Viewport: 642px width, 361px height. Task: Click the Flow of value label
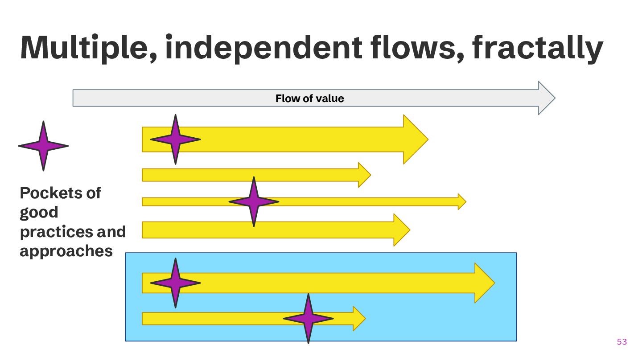pos(309,98)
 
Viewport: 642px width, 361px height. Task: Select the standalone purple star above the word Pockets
pos(43,146)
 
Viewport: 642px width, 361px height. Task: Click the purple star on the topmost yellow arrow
pos(176,139)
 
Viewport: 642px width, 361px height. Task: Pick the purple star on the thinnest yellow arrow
pos(254,201)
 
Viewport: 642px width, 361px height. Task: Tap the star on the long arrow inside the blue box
pos(176,283)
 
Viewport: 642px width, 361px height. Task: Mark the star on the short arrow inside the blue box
pos(308,318)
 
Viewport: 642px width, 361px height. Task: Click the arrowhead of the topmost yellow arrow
pos(415,139)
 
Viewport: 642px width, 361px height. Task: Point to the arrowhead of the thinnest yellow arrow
pos(462,201)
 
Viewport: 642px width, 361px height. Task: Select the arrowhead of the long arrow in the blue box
pos(484,283)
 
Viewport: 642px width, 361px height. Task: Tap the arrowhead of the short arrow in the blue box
pos(359,318)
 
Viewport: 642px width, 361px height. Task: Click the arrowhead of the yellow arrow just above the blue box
pos(401,230)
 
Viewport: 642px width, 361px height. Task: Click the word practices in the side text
pos(50,232)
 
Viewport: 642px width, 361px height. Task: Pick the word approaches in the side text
pos(66,251)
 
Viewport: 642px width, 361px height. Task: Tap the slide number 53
pos(621,342)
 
